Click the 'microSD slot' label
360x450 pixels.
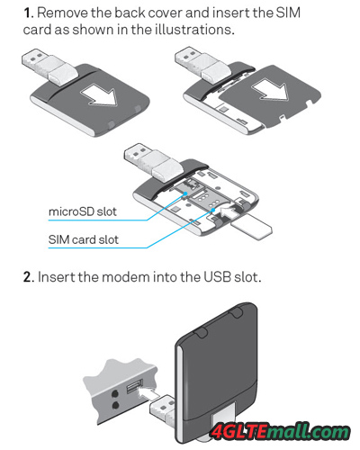tap(83, 211)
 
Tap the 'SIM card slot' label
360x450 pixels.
tap(84, 239)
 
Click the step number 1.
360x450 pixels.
tap(28, 13)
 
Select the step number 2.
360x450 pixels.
tap(29, 277)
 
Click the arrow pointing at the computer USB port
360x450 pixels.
tap(148, 393)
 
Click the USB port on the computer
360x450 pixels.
tap(134, 386)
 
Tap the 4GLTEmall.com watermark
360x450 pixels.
tap(281, 432)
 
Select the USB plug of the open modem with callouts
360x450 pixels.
tap(153, 163)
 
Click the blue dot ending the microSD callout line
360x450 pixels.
tap(186, 193)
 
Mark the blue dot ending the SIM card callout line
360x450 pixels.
tap(213, 210)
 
